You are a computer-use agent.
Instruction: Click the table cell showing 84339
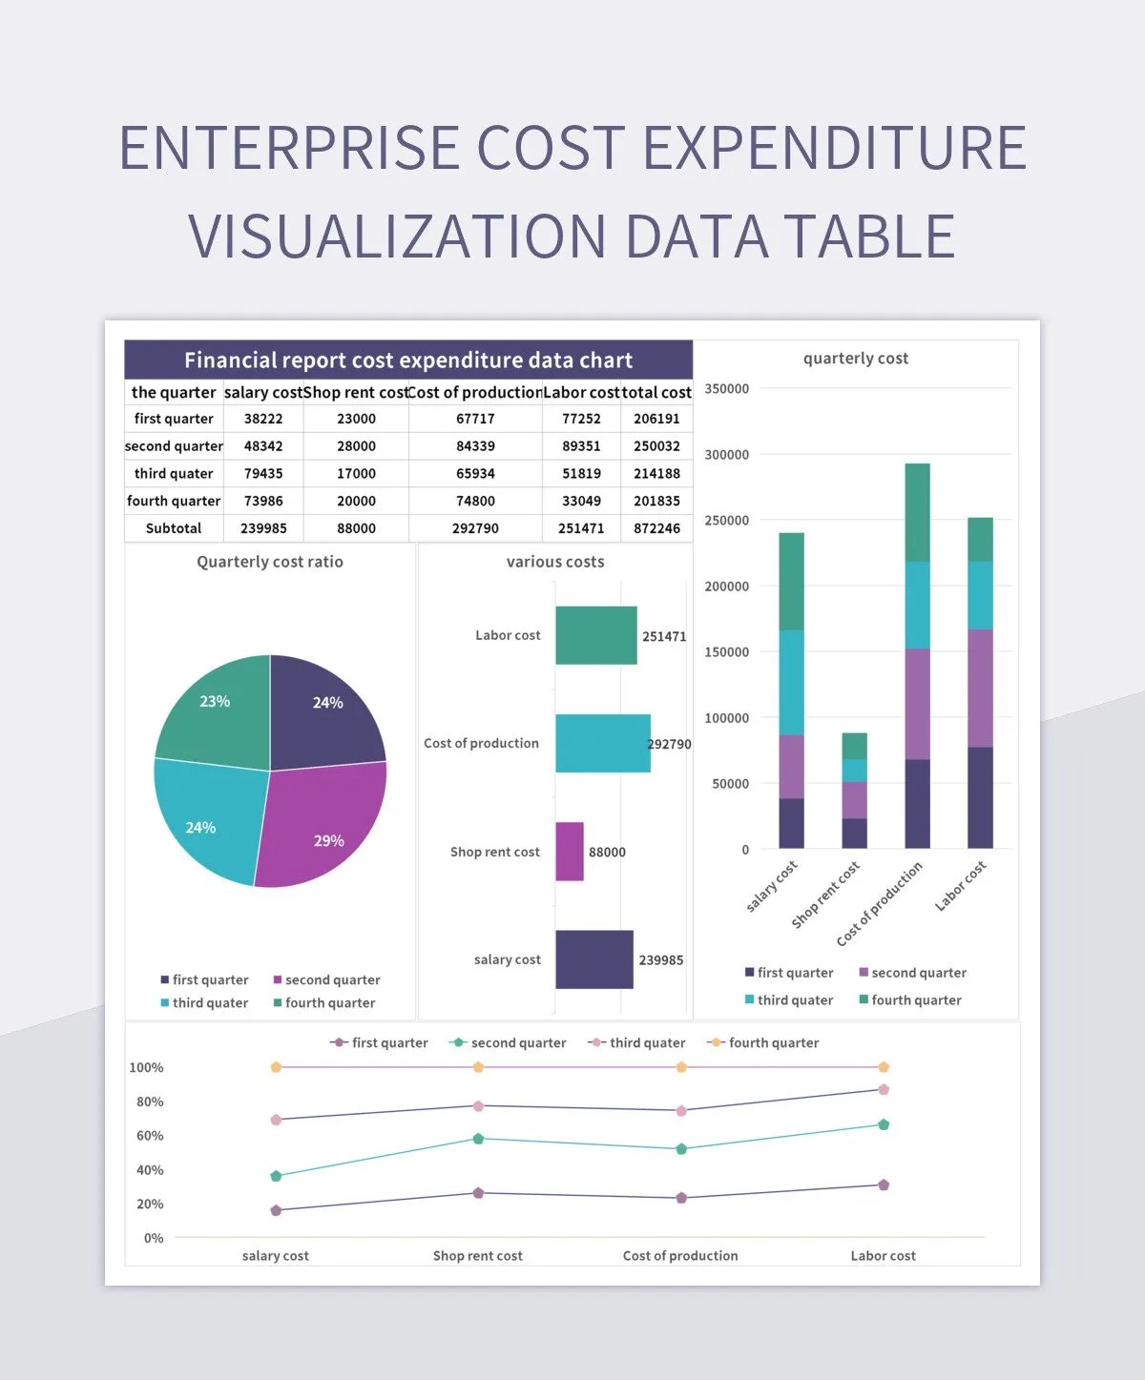(x=475, y=445)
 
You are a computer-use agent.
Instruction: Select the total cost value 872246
(x=656, y=528)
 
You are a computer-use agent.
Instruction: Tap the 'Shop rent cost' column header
(x=356, y=392)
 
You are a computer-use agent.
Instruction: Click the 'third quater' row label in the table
(x=174, y=473)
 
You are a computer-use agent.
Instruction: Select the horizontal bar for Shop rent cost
(x=570, y=852)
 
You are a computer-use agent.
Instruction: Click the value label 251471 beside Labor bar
(x=664, y=636)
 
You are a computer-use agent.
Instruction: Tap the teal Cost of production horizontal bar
(x=602, y=743)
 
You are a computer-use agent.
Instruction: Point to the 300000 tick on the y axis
(x=726, y=455)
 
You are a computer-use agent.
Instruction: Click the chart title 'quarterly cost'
(x=856, y=359)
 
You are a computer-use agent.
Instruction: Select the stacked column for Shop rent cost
(x=854, y=792)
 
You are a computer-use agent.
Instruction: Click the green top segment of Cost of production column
(x=917, y=511)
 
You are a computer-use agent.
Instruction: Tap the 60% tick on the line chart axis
(x=150, y=1136)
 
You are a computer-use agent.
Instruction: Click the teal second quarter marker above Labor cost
(x=884, y=1124)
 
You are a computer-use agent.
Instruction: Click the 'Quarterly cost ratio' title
(x=270, y=562)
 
